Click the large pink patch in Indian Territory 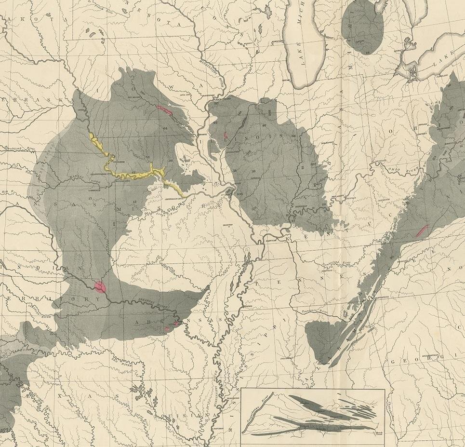point(100,287)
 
